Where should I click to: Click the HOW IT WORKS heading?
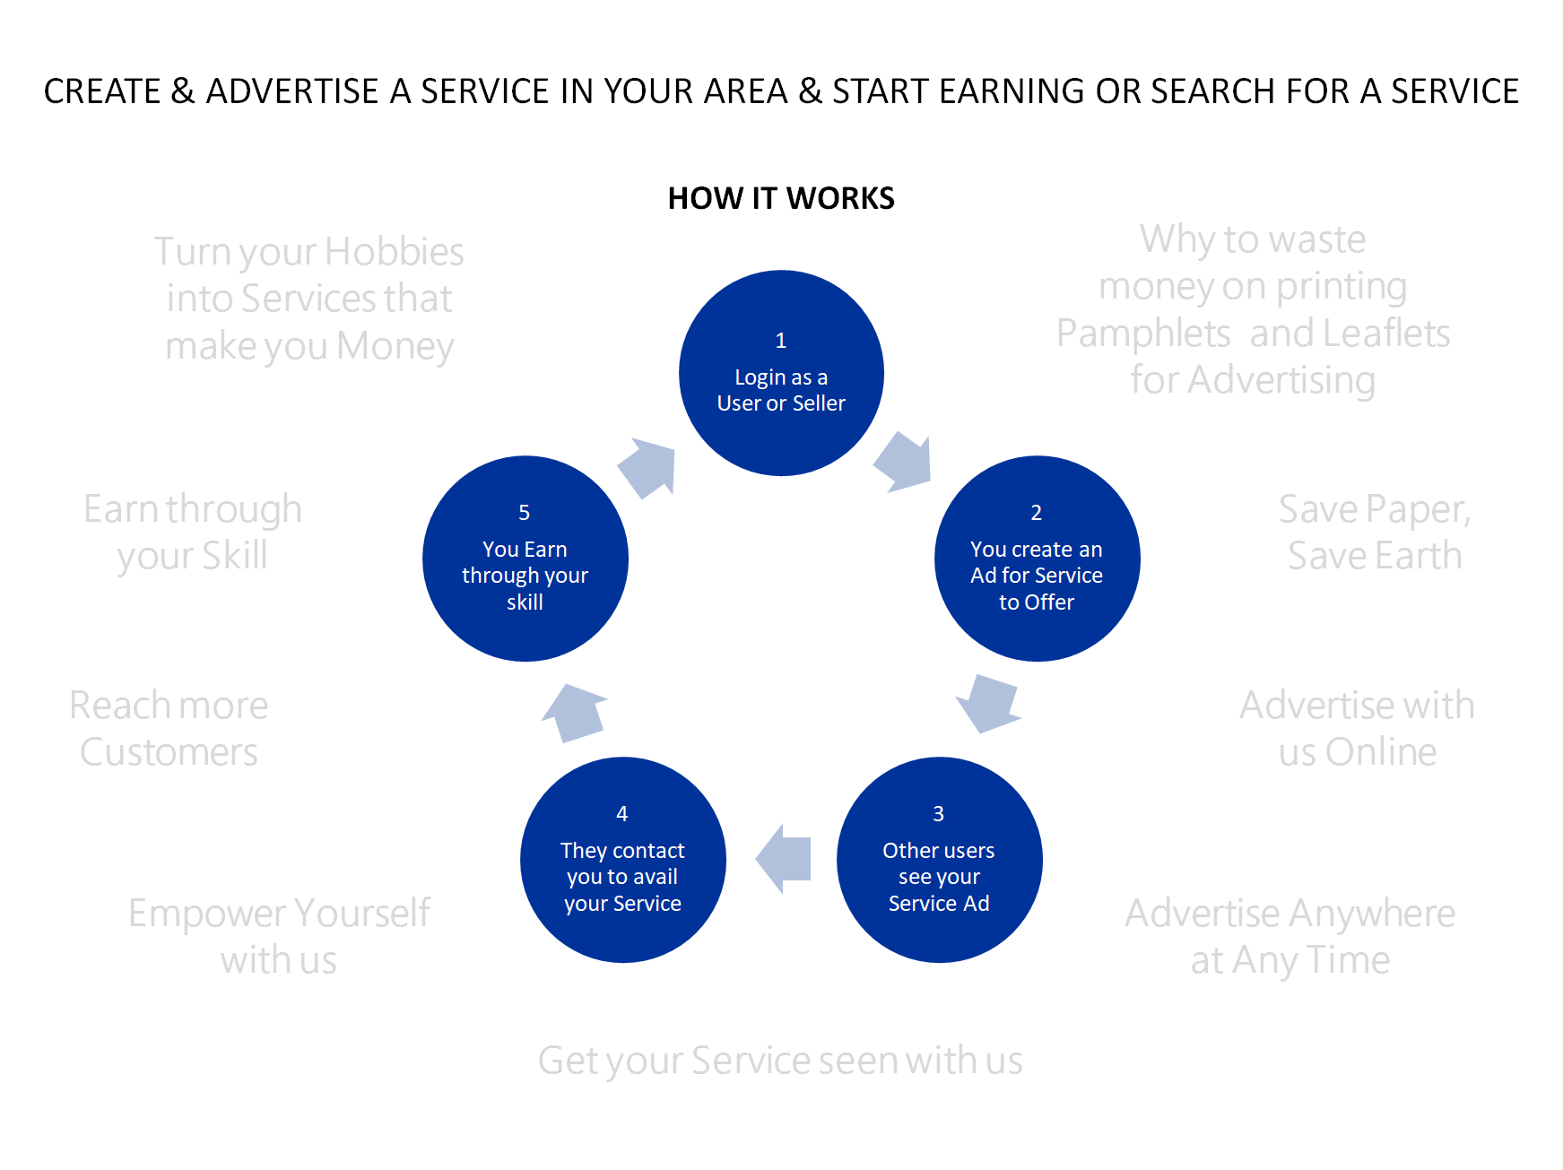coord(781,198)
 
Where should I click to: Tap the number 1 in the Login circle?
coord(780,341)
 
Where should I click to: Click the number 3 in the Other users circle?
coord(938,814)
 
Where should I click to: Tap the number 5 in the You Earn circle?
coord(525,513)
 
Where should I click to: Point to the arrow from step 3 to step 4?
coord(785,859)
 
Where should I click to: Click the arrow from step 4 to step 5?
coord(574,713)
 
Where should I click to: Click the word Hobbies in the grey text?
coord(395,252)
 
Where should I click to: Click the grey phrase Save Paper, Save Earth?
coord(1374,533)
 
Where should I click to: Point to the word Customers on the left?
coord(169,752)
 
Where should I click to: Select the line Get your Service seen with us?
coord(779,1061)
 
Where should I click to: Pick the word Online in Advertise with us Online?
coord(1381,752)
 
